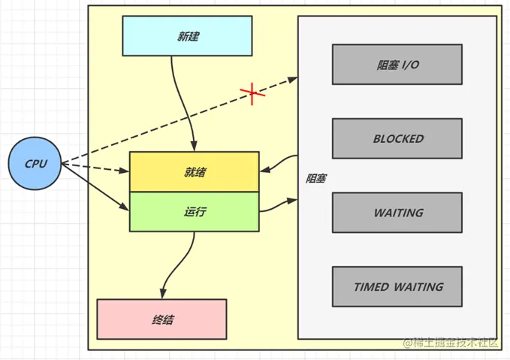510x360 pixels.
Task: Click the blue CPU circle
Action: click(x=35, y=163)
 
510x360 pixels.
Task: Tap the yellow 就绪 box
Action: click(x=194, y=171)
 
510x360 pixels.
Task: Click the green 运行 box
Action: click(x=194, y=212)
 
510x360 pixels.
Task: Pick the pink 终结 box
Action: click(x=161, y=319)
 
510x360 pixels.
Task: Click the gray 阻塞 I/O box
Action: click(x=397, y=65)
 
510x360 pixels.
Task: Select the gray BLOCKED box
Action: click(x=397, y=139)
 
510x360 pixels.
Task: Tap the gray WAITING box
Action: click(x=397, y=213)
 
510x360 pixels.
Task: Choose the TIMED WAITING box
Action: click(x=397, y=286)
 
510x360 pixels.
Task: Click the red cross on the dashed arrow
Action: click(x=252, y=93)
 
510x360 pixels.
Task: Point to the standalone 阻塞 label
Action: click(x=316, y=179)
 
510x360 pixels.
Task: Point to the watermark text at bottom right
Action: click(x=451, y=343)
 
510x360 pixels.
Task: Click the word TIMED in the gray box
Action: click(x=372, y=286)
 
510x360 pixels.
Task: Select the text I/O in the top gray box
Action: click(x=409, y=65)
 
